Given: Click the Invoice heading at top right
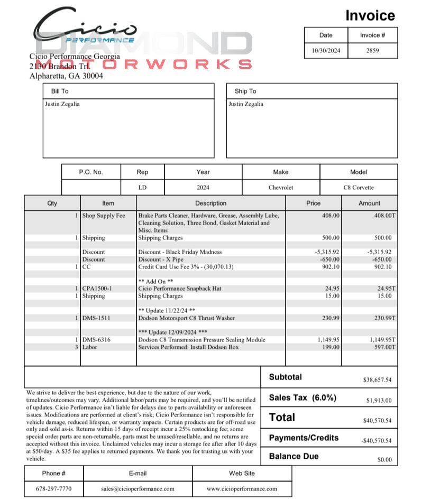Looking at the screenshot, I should tap(370, 16).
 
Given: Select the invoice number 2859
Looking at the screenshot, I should tap(373, 51).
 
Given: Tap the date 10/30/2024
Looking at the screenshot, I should tap(326, 51).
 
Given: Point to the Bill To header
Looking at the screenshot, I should tap(60, 91).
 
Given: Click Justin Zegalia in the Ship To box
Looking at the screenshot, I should tap(246, 104).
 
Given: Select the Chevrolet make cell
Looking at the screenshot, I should tap(281, 188).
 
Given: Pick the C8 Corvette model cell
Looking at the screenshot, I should tap(358, 188).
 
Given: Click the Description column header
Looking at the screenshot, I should tap(211, 203).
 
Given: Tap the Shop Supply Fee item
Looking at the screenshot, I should tap(104, 216).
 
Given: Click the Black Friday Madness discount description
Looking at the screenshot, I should tap(180, 252).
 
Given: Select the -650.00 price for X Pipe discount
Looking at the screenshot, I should tap(330, 260).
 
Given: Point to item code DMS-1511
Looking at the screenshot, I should tap(96, 318).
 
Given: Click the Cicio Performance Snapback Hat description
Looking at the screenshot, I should tap(180, 289).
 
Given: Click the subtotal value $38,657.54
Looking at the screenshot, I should tap(377, 380).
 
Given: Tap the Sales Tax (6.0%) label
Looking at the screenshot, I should tap(303, 397).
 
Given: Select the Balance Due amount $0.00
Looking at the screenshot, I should tap(385, 460).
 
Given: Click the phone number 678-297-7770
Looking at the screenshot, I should tap(53, 489).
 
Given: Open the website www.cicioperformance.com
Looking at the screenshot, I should tap(242, 489).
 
